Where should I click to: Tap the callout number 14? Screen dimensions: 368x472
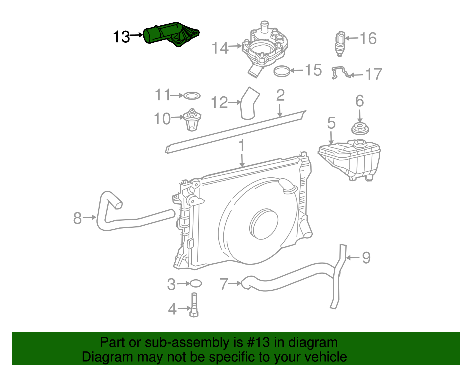(x=220, y=48)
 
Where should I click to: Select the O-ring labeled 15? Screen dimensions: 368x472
(x=282, y=71)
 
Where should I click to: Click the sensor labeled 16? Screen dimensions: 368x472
(x=340, y=44)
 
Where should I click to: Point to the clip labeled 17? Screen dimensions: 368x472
(x=341, y=73)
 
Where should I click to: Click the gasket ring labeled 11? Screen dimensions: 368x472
(x=192, y=96)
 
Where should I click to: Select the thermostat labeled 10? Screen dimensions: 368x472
(x=192, y=119)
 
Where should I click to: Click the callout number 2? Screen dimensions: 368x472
(x=280, y=95)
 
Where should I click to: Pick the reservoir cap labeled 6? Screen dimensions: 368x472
(x=360, y=129)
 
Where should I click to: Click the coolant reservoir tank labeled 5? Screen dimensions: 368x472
(x=350, y=159)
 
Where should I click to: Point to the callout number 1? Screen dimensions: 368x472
(x=242, y=146)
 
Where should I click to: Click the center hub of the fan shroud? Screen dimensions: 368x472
(x=264, y=224)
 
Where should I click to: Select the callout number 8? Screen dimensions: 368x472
(x=77, y=218)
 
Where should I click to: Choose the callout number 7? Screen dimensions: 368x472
(x=224, y=284)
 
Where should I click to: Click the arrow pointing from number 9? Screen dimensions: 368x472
(x=352, y=258)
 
